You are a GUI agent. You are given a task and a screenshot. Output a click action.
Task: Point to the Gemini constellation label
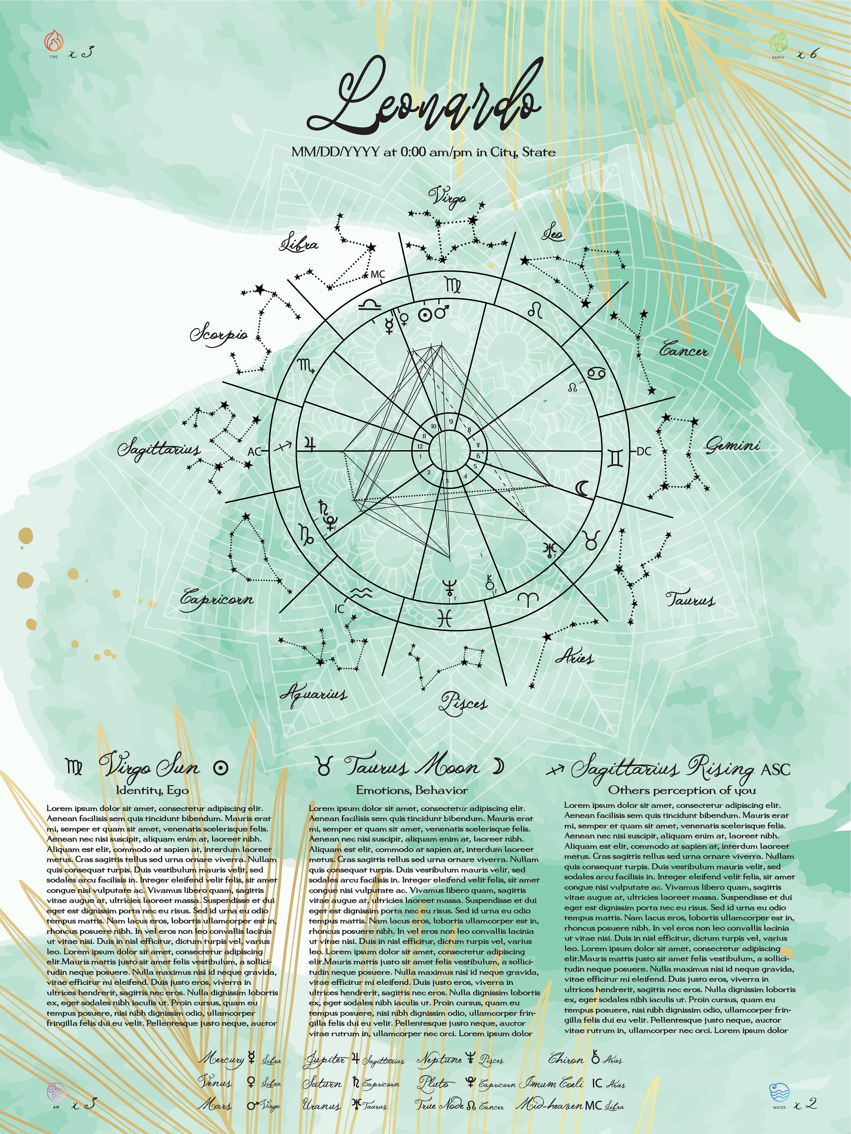(731, 446)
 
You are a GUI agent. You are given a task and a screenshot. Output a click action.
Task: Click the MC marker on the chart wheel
(377, 274)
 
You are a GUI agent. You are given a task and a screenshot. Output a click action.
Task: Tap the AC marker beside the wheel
(255, 452)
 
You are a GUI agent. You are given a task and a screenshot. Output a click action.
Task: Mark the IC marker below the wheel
(339, 609)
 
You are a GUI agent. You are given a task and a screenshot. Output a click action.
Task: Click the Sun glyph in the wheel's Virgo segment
(424, 314)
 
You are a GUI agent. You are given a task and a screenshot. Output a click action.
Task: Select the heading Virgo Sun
(149, 767)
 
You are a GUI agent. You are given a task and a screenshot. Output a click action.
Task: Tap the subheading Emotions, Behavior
(412, 790)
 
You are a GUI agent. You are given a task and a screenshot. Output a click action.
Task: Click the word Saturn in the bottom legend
(321, 1083)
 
